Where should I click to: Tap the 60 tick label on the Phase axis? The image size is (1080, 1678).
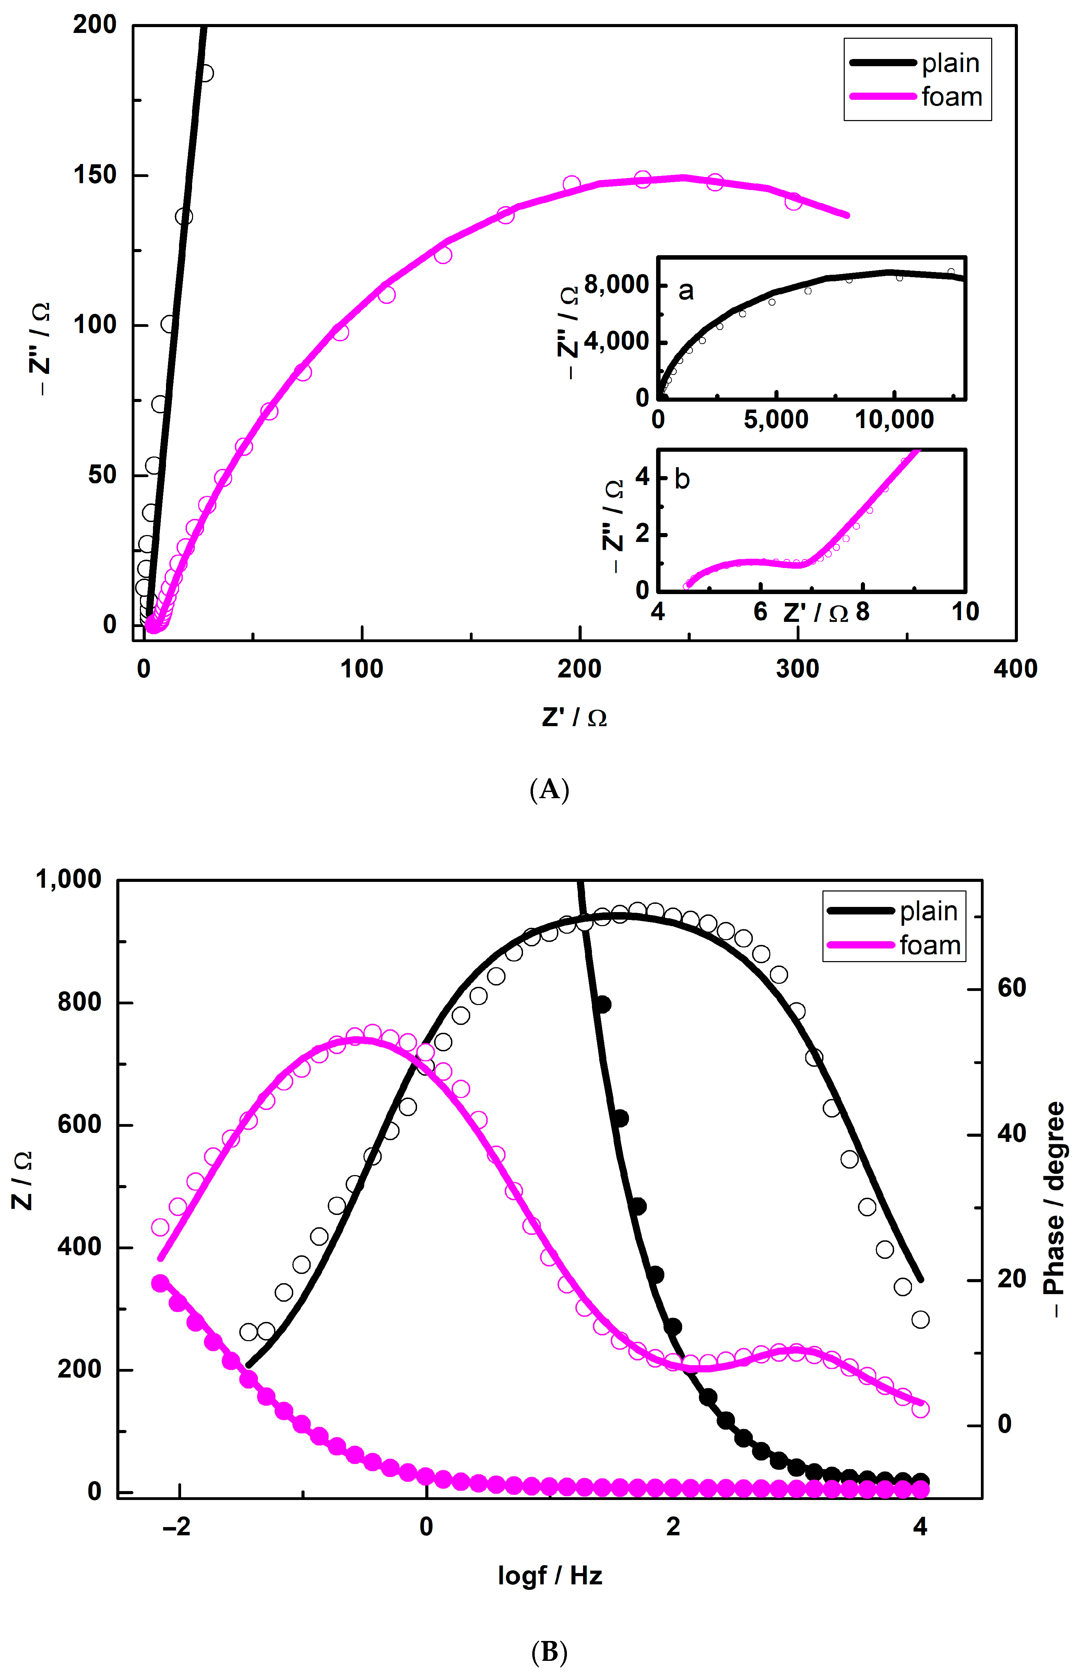pyautogui.click(x=1011, y=988)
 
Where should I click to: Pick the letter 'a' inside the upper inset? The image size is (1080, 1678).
pyautogui.click(x=686, y=290)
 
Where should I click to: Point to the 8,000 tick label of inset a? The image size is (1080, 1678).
pyautogui.click(x=616, y=285)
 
